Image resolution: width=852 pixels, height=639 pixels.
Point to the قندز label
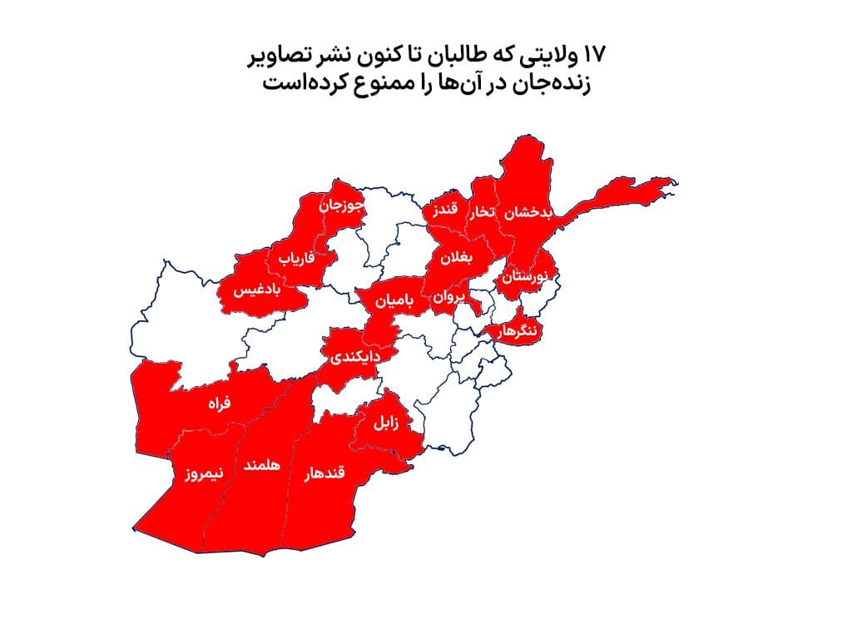(x=444, y=212)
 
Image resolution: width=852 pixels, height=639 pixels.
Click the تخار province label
(x=483, y=213)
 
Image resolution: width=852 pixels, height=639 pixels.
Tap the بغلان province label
(x=457, y=258)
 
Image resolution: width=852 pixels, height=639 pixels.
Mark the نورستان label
(x=526, y=277)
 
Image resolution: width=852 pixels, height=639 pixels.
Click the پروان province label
(x=447, y=296)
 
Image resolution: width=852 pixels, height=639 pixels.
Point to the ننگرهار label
(x=518, y=330)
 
